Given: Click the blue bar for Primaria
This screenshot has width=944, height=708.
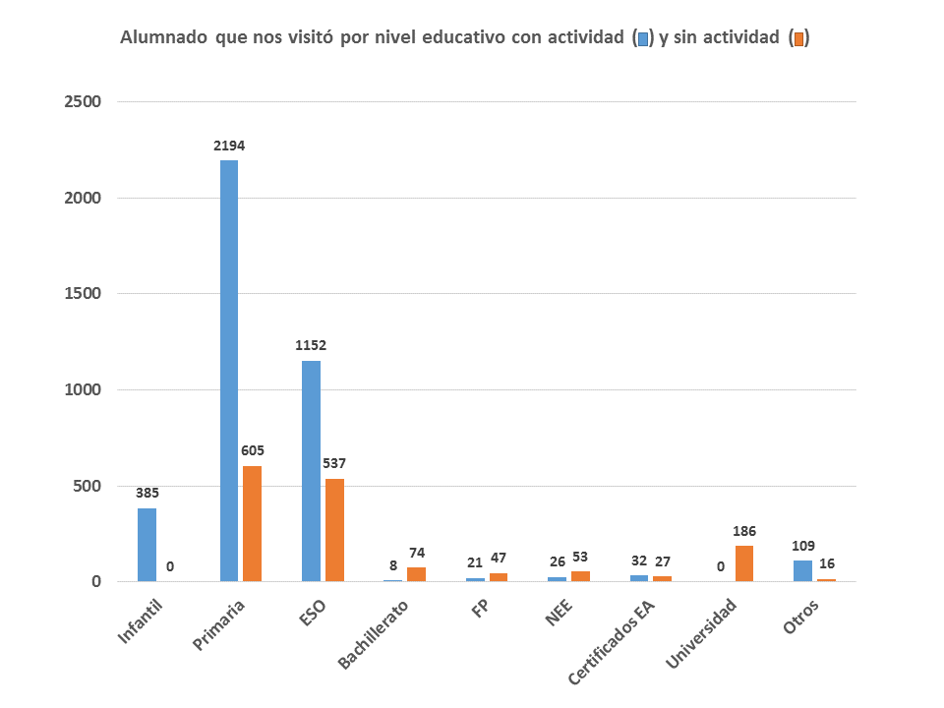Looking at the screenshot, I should tap(229, 371).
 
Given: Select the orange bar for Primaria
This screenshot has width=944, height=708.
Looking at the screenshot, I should tap(253, 523).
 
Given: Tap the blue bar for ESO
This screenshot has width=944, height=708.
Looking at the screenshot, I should tap(311, 471).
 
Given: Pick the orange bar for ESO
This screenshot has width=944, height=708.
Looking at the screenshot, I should tap(334, 530).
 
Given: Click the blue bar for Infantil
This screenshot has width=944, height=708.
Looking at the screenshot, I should tap(147, 545).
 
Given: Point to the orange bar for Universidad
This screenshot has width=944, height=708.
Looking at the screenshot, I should tap(744, 563).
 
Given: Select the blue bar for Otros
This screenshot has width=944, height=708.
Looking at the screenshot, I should tap(802, 571).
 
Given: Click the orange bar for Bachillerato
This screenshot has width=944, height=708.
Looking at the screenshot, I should tap(416, 574).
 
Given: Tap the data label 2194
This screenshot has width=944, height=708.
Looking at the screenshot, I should tap(229, 146).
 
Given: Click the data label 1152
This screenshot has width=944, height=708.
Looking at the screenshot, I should tap(311, 345).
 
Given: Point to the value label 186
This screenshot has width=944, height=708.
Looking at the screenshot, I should tap(744, 530).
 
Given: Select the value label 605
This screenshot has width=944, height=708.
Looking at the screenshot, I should tap(253, 450).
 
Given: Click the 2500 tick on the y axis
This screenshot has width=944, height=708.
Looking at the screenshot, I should tap(83, 102).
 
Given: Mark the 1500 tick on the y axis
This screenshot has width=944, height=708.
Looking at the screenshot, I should tap(83, 294).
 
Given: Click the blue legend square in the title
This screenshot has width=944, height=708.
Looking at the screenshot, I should tap(643, 39).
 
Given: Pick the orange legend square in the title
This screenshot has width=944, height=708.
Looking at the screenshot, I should tap(799, 39).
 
